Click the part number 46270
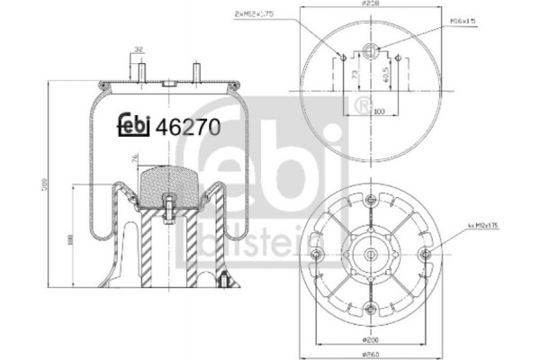[189, 127]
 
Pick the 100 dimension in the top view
[378, 112]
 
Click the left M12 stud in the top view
[343, 59]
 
